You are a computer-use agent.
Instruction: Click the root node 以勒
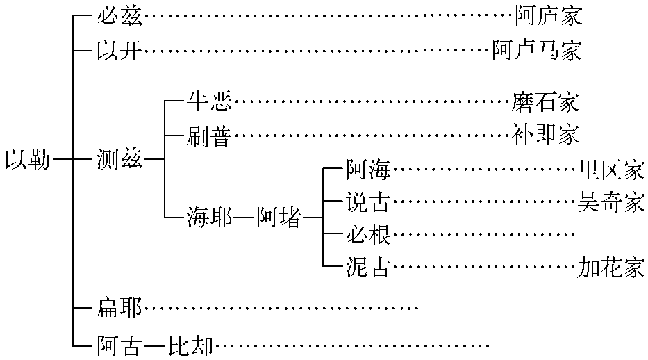point(28,160)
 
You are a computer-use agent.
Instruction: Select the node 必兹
point(119,15)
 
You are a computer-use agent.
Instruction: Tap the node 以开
point(119,51)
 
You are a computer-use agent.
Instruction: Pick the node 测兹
point(119,160)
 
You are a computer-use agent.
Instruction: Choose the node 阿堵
point(279,218)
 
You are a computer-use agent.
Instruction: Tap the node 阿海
point(368,170)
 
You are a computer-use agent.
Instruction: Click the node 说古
point(368,202)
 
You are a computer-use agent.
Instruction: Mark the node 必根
point(368,235)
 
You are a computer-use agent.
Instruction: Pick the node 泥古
point(368,268)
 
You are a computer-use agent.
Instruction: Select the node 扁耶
point(119,307)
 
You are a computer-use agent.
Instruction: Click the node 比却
point(190,345)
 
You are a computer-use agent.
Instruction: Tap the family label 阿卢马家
point(537,51)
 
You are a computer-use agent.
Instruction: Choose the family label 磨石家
point(545,103)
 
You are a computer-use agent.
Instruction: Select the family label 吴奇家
point(610,202)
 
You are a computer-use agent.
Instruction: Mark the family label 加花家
point(610,268)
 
